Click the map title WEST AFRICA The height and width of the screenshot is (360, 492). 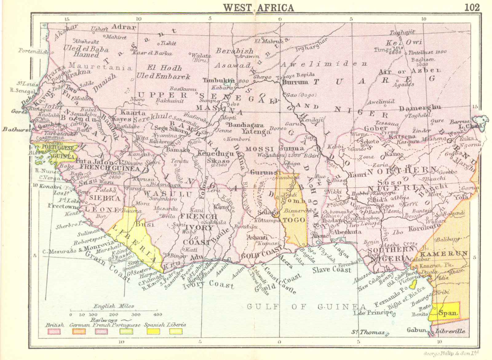coord(258,7)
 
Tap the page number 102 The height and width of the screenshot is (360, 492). coord(472,7)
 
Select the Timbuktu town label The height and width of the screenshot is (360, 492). coord(219,80)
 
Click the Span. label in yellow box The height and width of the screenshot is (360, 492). coord(449,313)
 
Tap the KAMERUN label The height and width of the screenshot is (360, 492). coord(444,254)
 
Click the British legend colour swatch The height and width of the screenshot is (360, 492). coord(54,331)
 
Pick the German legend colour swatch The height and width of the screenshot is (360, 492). coord(79,331)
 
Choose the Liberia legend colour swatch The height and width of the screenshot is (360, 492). coord(175,331)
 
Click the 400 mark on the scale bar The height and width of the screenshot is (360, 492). coord(158,315)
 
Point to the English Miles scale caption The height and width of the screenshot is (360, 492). coord(114,306)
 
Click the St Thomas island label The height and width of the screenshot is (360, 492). coord(368,332)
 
